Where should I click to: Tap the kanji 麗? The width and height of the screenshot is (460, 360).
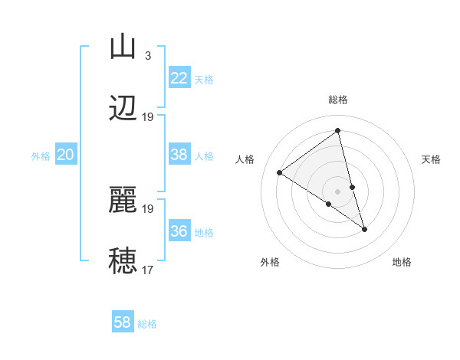click(x=123, y=201)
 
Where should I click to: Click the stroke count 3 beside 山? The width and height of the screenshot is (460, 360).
click(x=147, y=56)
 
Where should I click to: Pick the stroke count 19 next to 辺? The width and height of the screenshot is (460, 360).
click(x=148, y=117)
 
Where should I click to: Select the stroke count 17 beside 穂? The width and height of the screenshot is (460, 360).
click(x=148, y=270)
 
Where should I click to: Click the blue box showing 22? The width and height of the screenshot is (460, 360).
click(x=179, y=78)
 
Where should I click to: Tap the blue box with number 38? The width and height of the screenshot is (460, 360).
click(x=179, y=155)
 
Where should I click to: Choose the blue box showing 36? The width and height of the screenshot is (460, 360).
click(x=179, y=231)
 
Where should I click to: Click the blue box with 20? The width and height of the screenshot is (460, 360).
click(x=65, y=155)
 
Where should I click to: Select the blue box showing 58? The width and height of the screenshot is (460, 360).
click(x=123, y=322)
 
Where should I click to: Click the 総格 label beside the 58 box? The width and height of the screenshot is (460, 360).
click(x=147, y=324)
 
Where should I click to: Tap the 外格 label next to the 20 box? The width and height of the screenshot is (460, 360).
click(x=41, y=156)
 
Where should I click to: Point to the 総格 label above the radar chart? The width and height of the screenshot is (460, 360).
click(x=338, y=100)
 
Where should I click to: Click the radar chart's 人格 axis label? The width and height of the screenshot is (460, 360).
click(x=245, y=159)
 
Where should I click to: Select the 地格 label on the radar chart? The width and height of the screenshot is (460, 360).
click(x=402, y=262)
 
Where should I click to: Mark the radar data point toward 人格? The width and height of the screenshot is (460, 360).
click(x=280, y=172)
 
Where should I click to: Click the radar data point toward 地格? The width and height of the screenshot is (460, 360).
click(x=364, y=229)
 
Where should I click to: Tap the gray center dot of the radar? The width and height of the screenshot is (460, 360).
click(x=337, y=191)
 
